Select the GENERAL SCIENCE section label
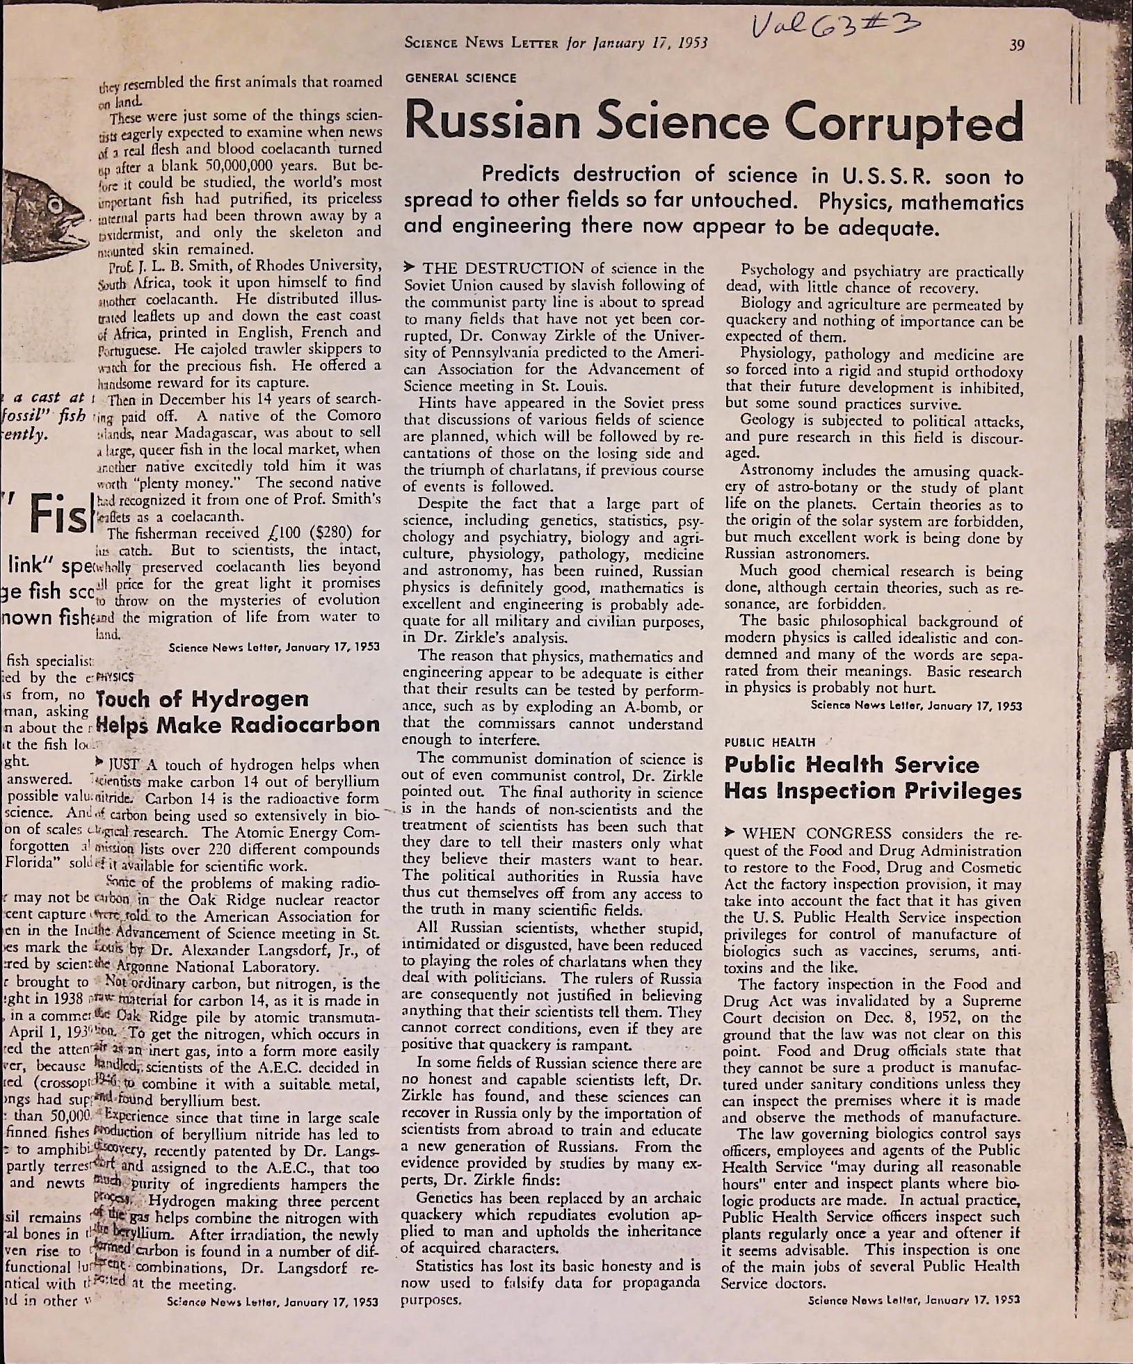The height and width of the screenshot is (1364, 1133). click(460, 78)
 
